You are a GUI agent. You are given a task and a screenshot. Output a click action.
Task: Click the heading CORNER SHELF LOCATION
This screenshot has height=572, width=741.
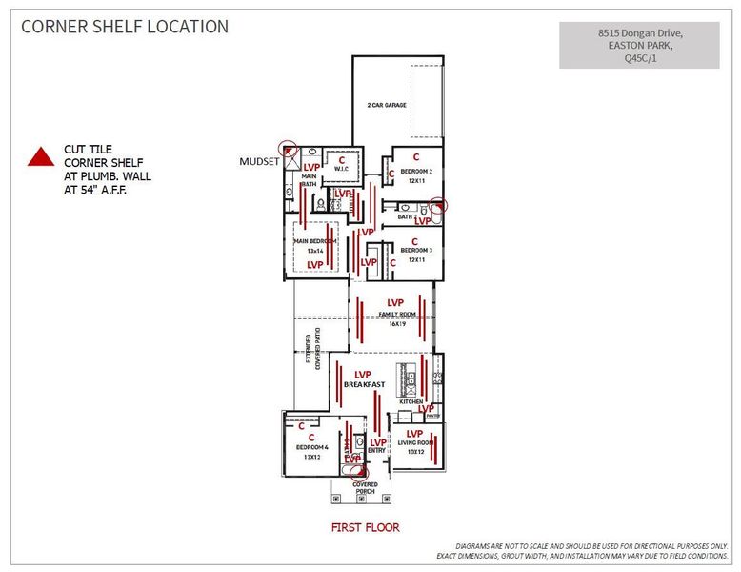(125, 27)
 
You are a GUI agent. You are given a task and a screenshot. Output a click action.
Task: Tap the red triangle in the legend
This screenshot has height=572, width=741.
(40, 157)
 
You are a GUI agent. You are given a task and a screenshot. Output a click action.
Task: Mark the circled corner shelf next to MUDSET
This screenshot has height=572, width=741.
(288, 148)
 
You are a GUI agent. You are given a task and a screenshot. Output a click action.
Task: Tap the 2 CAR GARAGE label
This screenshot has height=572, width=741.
(387, 105)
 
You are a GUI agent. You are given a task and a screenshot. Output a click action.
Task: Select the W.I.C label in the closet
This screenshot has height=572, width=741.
(341, 170)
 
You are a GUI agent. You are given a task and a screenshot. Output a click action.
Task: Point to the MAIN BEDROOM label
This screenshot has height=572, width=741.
(315, 241)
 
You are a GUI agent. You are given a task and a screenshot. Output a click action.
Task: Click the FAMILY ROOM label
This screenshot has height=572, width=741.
(396, 313)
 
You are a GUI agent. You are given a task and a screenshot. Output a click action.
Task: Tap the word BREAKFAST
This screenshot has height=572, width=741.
(364, 384)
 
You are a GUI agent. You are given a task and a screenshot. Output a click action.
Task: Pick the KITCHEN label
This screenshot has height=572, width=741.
(411, 401)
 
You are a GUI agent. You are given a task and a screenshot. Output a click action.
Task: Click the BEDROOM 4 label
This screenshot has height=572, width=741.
(311, 447)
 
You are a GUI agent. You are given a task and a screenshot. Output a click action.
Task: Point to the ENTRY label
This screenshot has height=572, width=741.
(377, 450)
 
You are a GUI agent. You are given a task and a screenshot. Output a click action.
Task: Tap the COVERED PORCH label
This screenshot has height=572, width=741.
(365, 488)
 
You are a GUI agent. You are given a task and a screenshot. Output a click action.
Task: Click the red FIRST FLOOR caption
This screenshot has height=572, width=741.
(365, 527)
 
